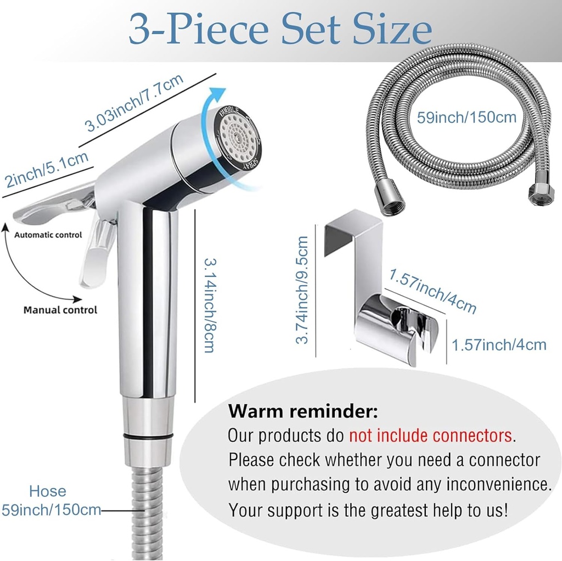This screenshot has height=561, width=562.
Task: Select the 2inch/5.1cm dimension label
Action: (x=46, y=169)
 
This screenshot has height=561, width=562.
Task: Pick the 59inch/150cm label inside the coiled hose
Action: (x=467, y=117)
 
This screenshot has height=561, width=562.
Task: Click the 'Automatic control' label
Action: (x=48, y=235)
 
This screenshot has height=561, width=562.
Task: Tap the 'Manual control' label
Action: (x=60, y=310)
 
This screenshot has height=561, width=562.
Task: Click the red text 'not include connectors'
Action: (x=431, y=435)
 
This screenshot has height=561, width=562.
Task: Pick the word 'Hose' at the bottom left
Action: (x=48, y=491)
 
